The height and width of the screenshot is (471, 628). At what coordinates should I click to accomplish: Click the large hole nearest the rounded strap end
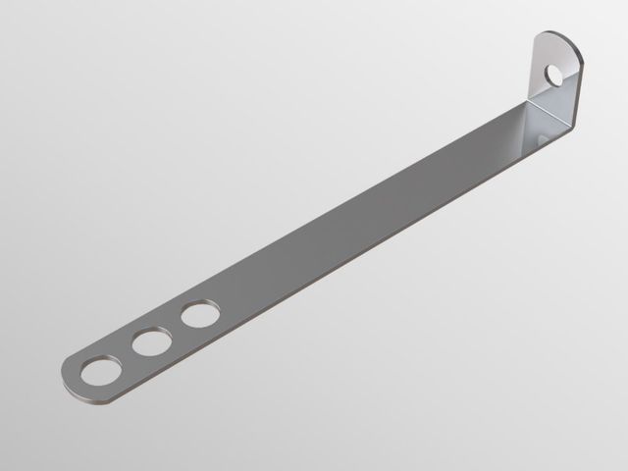[x=100, y=371]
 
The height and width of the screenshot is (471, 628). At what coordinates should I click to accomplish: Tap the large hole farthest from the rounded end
[x=199, y=315]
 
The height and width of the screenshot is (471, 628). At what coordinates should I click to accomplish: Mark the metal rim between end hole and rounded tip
[x=78, y=378]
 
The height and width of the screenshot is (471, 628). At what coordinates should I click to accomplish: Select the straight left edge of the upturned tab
[x=533, y=74]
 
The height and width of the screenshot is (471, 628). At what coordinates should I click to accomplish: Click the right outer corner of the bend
[x=571, y=126]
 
